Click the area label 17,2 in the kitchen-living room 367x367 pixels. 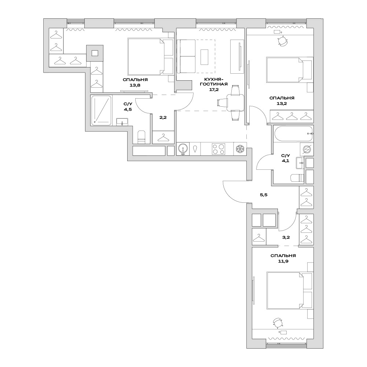point(214,89)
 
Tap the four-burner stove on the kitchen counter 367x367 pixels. point(219,149)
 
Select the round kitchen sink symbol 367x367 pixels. point(183,149)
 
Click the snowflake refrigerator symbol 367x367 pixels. point(240,149)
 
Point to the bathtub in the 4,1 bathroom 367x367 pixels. point(294,134)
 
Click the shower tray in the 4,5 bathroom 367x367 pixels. point(101,110)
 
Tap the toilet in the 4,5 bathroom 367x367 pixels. point(142,137)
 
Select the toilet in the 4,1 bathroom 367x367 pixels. point(297,178)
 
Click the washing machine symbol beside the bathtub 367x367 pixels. point(307,149)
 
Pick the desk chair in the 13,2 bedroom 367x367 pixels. point(283,41)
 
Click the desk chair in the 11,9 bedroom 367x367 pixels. point(278,323)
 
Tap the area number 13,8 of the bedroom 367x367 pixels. point(135,85)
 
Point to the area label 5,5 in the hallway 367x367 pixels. point(264,195)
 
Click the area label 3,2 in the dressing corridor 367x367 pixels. point(286,237)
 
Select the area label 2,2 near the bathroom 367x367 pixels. point(163,117)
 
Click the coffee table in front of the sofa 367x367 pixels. point(204,57)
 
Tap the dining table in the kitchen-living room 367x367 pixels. point(235,103)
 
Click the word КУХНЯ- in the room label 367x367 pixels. point(214,79)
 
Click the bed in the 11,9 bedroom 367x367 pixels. point(290,290)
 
